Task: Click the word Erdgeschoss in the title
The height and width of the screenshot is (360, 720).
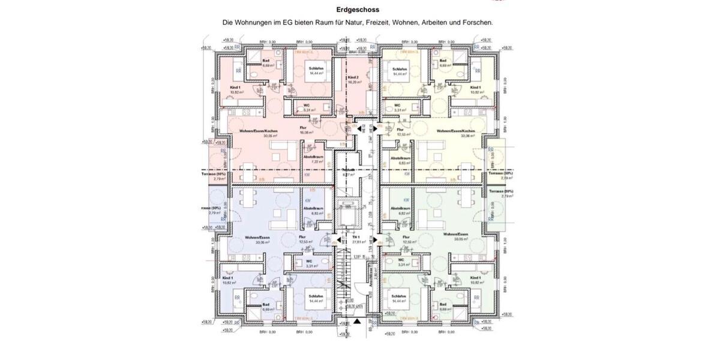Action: [x=358, y=10]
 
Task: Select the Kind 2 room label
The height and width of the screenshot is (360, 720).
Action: [x=353, y=78]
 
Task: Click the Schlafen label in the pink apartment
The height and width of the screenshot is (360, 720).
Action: [x=316, y=69]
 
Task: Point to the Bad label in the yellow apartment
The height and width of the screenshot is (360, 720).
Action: [x=443, y=61]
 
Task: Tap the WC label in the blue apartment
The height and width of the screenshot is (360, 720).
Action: [x=309, y=261]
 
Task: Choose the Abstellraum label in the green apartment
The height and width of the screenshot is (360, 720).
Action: [x=400, y=209]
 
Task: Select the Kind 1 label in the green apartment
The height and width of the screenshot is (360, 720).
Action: [x=476, y=278]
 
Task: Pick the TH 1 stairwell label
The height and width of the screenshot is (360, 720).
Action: [x=356, y=238]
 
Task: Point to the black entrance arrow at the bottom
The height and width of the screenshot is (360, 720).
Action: [x=358, y=322]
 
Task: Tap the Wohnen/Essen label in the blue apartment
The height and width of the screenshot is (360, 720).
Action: [x=257, y=238]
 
